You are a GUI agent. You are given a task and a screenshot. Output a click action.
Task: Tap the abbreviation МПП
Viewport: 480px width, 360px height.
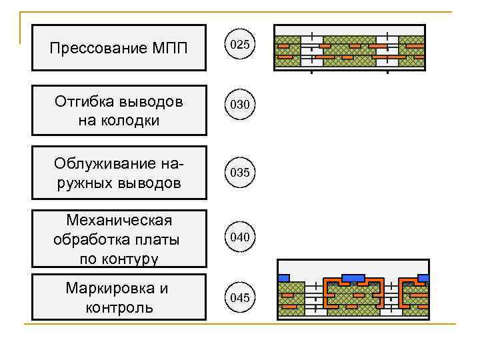tap(170, 48)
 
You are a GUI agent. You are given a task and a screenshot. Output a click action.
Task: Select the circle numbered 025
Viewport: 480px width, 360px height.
tap(239, 45)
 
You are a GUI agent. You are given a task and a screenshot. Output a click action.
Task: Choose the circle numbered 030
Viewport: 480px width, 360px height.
tap(239, 105)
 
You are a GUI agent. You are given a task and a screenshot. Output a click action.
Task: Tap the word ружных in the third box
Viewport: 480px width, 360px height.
tap(81, 182)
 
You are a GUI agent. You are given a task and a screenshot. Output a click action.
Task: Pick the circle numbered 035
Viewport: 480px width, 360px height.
tap(239, 172)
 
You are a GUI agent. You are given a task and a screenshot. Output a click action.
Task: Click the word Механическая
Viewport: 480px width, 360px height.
tap(119, 220)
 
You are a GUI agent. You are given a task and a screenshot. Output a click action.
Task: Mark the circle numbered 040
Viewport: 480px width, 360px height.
tap(239, 237)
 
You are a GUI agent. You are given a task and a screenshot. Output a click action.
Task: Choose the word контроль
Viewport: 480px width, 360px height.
tap(119, 307)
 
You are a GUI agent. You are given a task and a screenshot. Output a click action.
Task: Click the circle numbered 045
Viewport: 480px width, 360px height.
tap(239, 297)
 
